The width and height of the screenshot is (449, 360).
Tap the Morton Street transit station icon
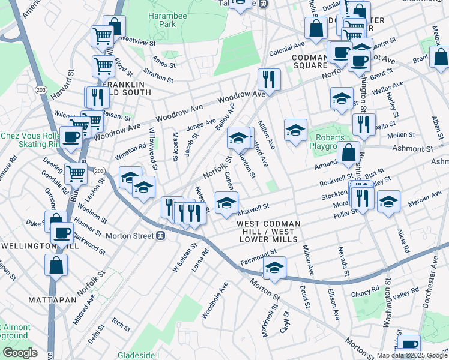point(161,236)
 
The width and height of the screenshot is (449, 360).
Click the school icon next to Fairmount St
point(275,266)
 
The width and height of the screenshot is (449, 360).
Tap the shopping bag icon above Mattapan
point(56,263)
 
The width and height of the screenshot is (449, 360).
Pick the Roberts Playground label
point(327,142)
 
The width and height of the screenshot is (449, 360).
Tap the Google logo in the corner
point(20,353)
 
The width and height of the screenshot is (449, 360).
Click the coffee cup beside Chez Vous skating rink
point(71,136)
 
